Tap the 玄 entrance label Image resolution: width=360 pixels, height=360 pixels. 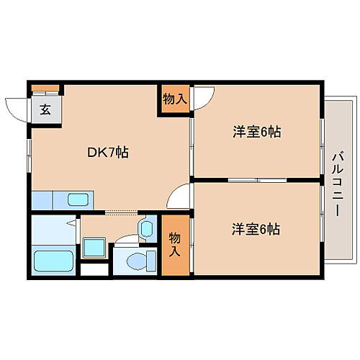[x=45, y=109]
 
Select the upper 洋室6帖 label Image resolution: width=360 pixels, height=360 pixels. [x=256, y=132]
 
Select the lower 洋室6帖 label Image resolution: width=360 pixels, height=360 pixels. [x=256, y=229]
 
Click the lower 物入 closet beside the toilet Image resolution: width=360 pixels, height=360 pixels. [x=174, y=246]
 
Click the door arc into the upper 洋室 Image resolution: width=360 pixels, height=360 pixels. [x=204, y=95]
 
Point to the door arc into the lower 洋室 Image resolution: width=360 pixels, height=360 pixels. [x=180, y=196]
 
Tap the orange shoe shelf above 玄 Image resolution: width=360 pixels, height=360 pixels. [x=45, y=89]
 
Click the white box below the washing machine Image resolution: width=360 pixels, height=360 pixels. [x=91, y=272]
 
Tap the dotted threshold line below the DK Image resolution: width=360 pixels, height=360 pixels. [x=121, y=212]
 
